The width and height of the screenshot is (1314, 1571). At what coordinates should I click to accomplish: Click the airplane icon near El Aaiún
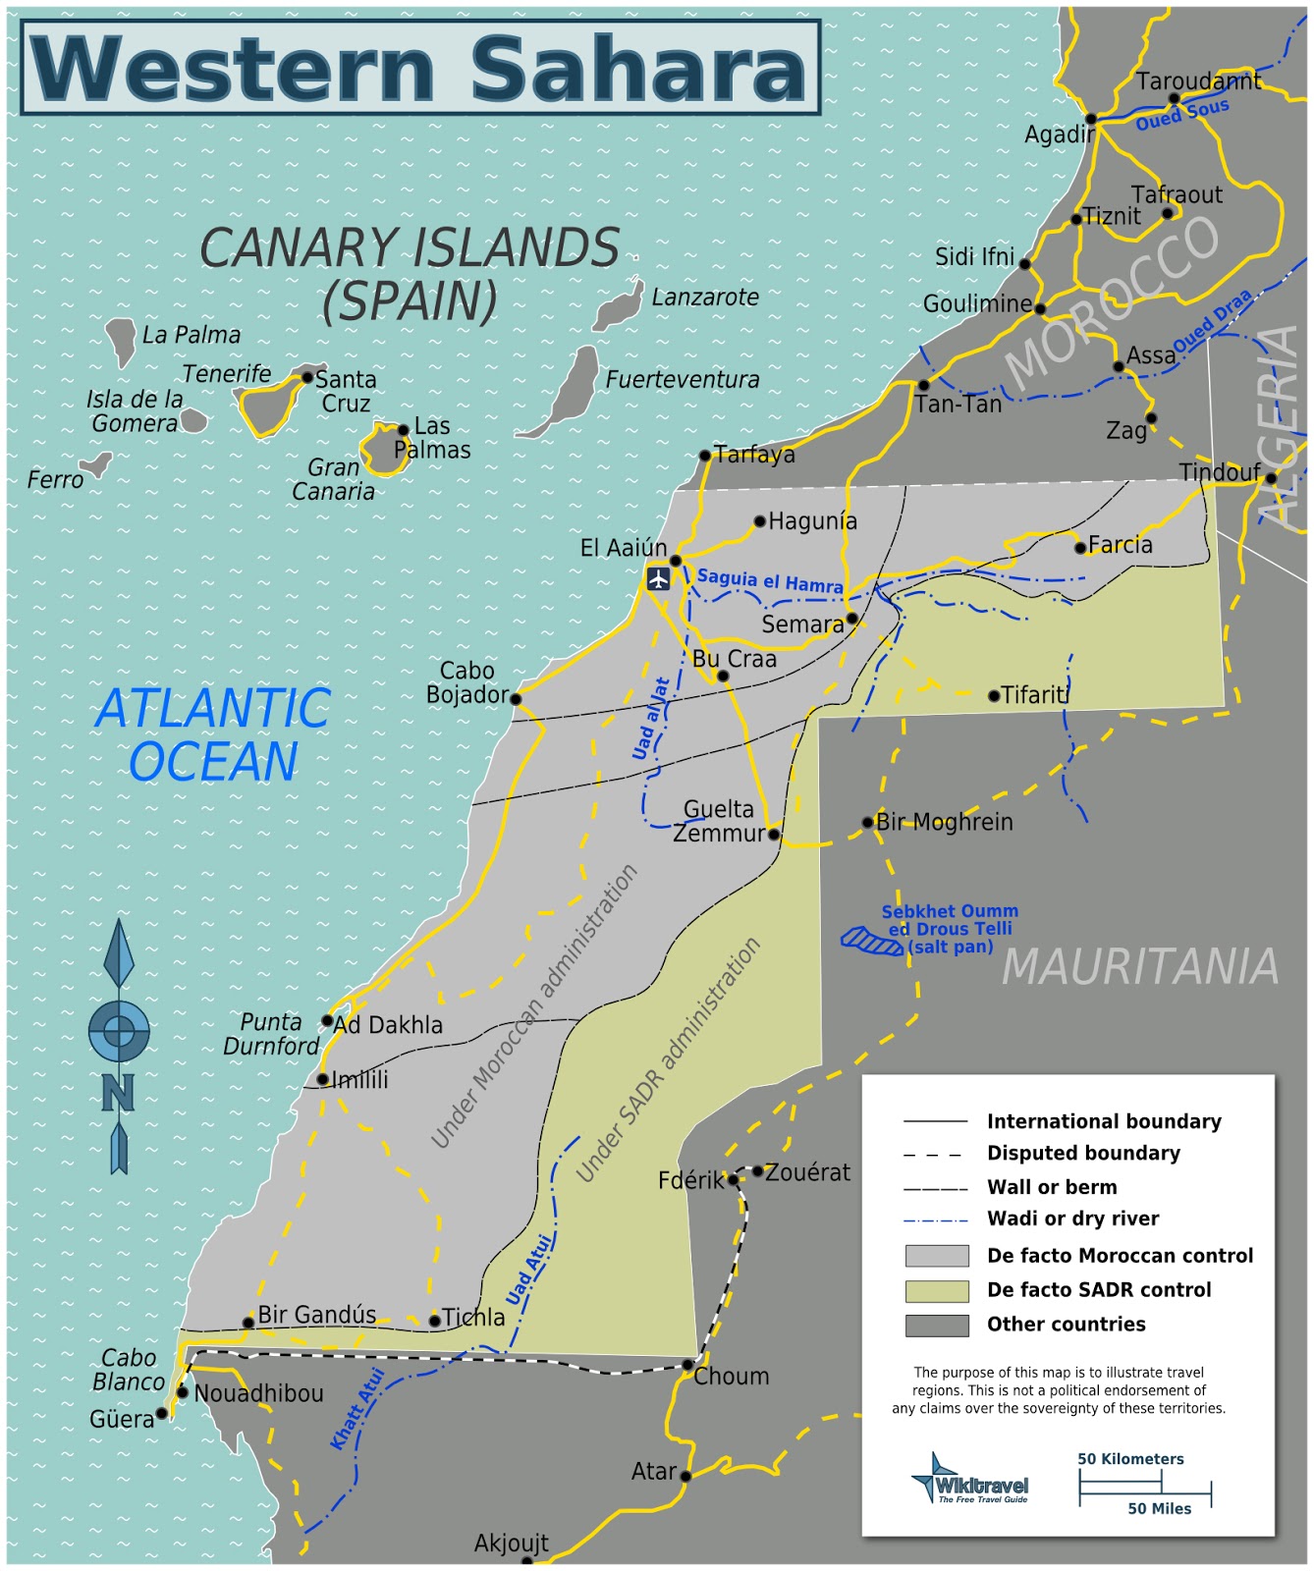click(x=658, y=578)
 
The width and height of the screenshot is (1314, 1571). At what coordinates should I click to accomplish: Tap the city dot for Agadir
click(x=1091, y=119)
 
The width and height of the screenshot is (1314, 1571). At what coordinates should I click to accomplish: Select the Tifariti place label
click(x=1034, y=694)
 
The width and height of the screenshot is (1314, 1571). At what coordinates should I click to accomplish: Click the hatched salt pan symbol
click(x=872, y=942)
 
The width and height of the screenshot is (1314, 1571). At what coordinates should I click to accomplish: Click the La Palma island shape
click(x=122, y=340)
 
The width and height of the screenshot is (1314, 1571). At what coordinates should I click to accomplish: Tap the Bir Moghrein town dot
click(x=867, y=823)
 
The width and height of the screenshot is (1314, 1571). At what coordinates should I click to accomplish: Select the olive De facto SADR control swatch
click(x=936, y=1290)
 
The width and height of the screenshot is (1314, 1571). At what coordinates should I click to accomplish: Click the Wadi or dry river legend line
click(x=935, y=1220)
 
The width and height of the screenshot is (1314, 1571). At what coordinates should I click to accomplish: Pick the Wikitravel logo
click(x=969, y=1479)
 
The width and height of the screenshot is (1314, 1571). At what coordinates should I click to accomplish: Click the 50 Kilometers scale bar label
click(x=1130, y=1459)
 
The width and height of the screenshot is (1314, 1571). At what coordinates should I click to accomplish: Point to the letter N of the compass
click(x=118, y=1093)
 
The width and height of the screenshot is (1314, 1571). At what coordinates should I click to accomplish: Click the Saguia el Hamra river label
click(x=770, y=581)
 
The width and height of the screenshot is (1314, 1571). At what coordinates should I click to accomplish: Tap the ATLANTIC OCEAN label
click(x=213, y=734)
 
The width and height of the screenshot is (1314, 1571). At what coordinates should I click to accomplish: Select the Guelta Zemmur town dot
click(x=774, y=835)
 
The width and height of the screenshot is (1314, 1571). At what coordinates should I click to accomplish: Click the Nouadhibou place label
click(x=258, y=1393)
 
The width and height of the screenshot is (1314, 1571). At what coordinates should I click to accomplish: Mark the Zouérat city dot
click(x=757, y=1171)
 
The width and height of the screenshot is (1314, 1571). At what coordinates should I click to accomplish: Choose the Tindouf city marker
click(x=1271, y=478)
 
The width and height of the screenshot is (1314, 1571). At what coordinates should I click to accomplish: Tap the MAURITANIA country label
click(x=1139, y=967)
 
